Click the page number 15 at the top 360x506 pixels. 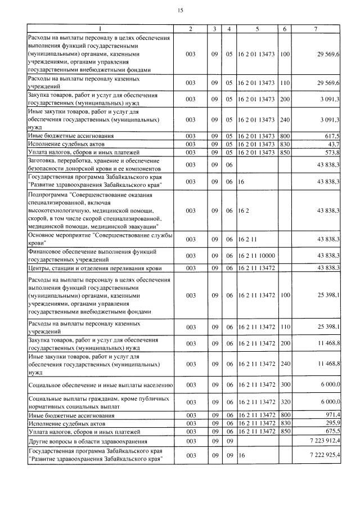[x=180, y=10]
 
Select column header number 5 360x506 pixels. [x=257, y=28]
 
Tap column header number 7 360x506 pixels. [x=319, y=28]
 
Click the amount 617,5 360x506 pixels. [x=331, y=136]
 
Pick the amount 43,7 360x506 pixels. [x=333, y=144]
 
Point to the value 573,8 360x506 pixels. [x=331, y=152]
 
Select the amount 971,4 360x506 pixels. [x=331, y=415]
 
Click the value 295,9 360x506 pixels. [x=331, y=423]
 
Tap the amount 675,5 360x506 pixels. [x=331, y=431]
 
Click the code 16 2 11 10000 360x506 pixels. [x=256, y=255]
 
